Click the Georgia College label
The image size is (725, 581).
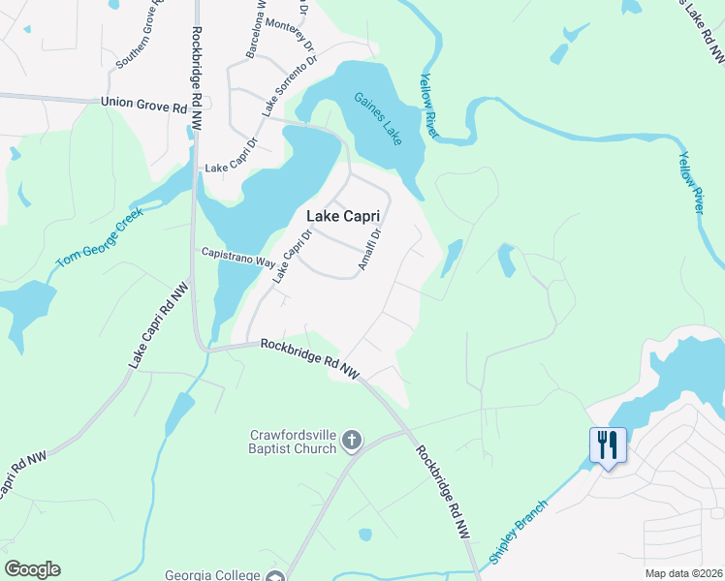pos(212,573)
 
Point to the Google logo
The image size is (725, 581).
pos(32,569)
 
